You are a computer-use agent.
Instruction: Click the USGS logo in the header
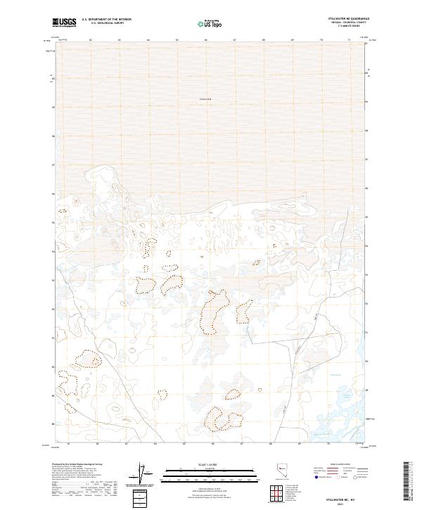[64, 23]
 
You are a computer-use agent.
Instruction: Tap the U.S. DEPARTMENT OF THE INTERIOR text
[107, 20]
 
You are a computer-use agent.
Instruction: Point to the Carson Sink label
[205, 98]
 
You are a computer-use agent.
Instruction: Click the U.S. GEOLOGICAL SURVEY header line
[107, 23]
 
